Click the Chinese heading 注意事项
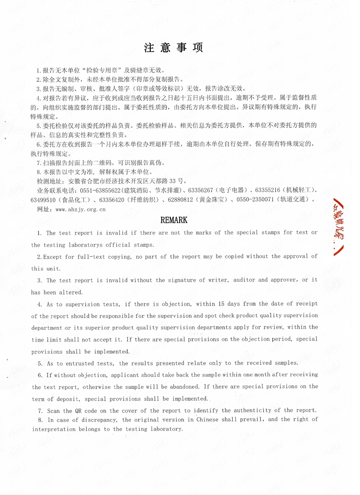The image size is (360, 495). coord(173,48)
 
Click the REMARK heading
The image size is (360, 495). coord(174,220)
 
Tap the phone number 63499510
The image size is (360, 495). coord(43,200)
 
